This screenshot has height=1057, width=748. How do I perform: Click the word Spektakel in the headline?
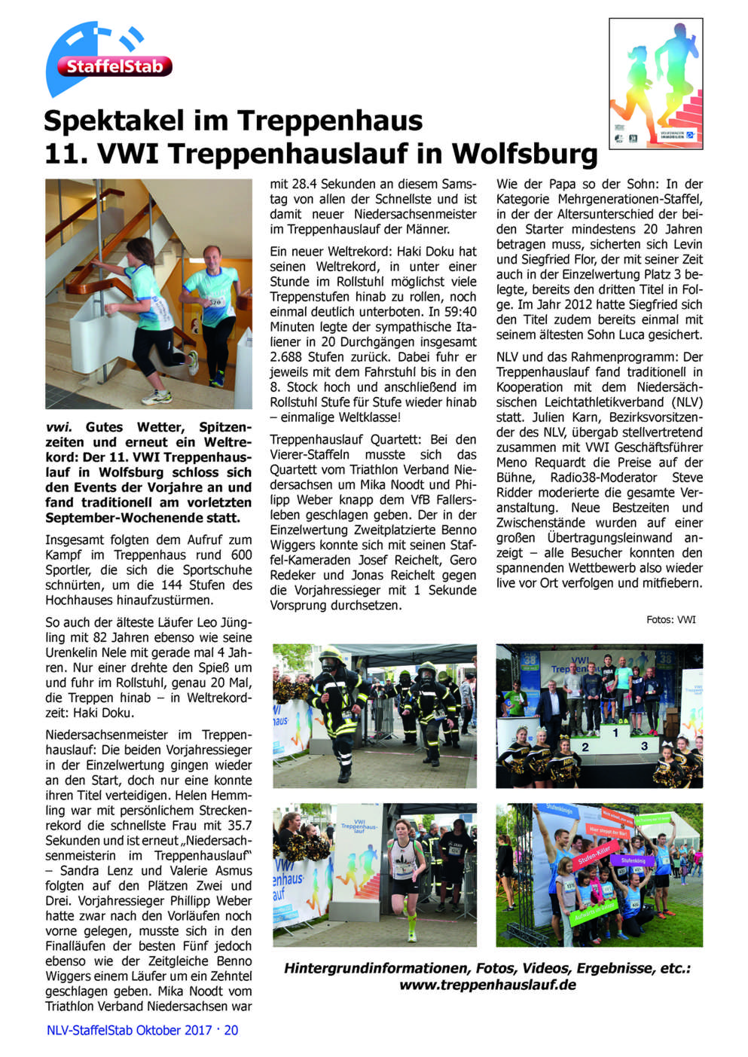113,121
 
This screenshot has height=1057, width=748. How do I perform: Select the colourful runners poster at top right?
655,83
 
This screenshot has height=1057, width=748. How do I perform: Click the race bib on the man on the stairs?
216,301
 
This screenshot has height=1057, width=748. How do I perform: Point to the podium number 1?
615,732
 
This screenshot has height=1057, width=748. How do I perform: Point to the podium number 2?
585,747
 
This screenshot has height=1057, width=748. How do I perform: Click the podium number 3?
644,746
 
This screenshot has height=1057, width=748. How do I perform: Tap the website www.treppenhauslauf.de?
487,985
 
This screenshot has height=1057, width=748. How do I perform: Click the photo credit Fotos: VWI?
670,620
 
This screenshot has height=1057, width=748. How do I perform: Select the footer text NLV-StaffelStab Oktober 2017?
129,1030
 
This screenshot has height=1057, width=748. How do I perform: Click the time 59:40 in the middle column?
459,312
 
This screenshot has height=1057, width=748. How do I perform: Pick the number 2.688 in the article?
288,357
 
